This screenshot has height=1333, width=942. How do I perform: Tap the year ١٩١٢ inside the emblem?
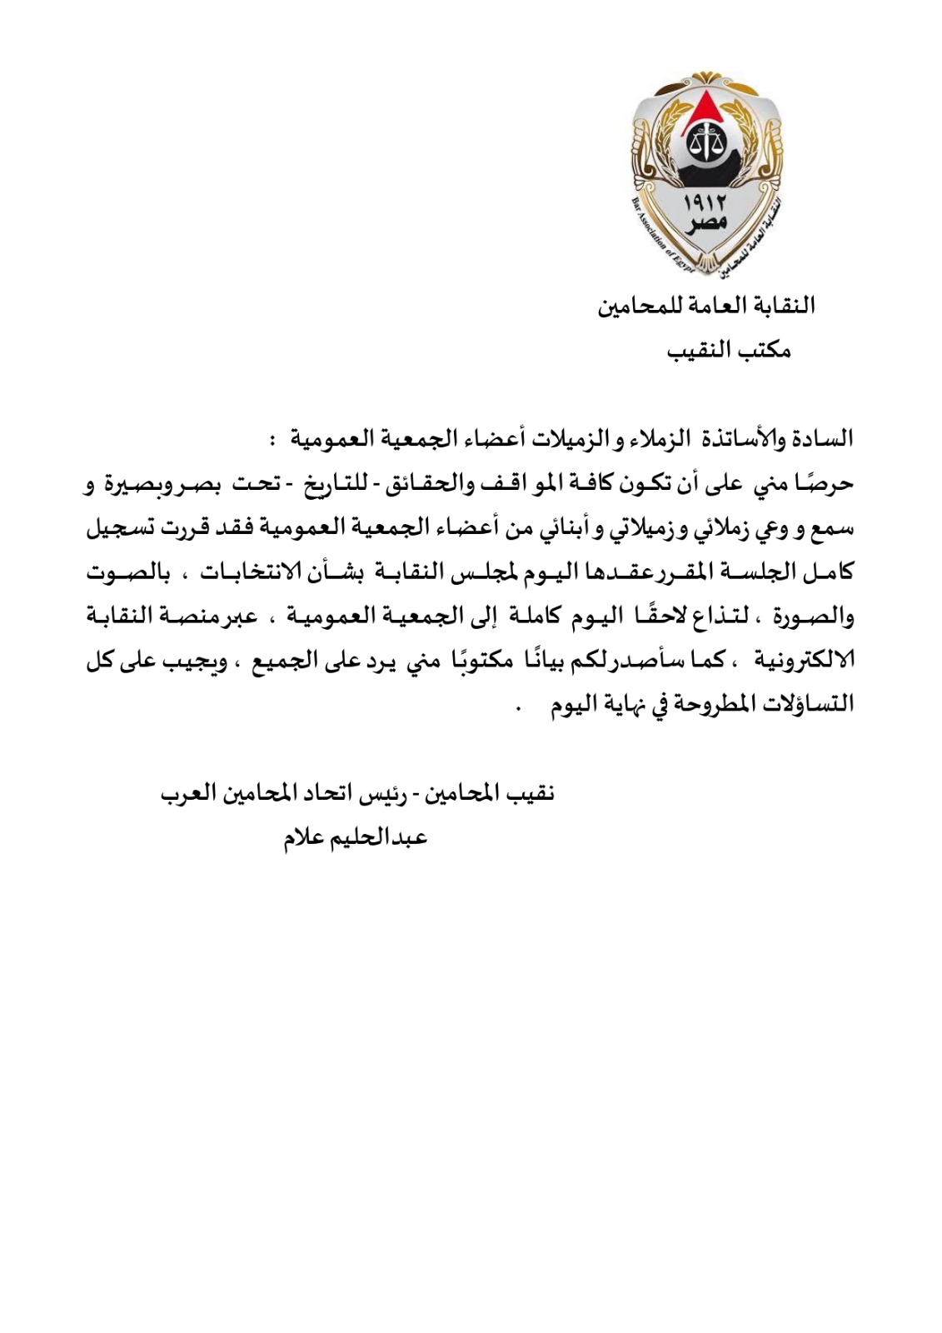705,202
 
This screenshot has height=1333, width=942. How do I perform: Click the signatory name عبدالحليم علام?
356,838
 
